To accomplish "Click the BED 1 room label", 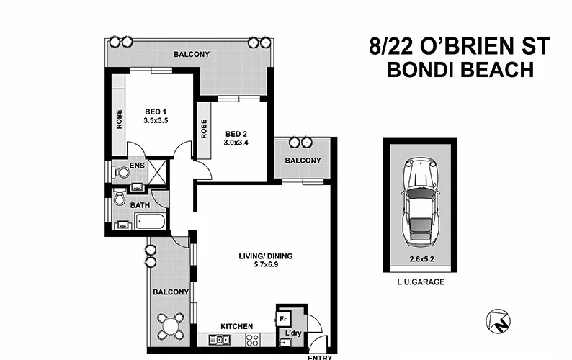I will click(156, 111).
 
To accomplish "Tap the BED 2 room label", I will click(236, 134).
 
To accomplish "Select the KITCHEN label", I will click(236, 326).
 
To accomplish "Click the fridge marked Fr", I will click(284, 317).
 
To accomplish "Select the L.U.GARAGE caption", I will click(419, 282).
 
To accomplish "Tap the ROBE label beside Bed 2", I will click(205, 129).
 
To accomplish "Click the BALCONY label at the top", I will click(191, 54).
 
